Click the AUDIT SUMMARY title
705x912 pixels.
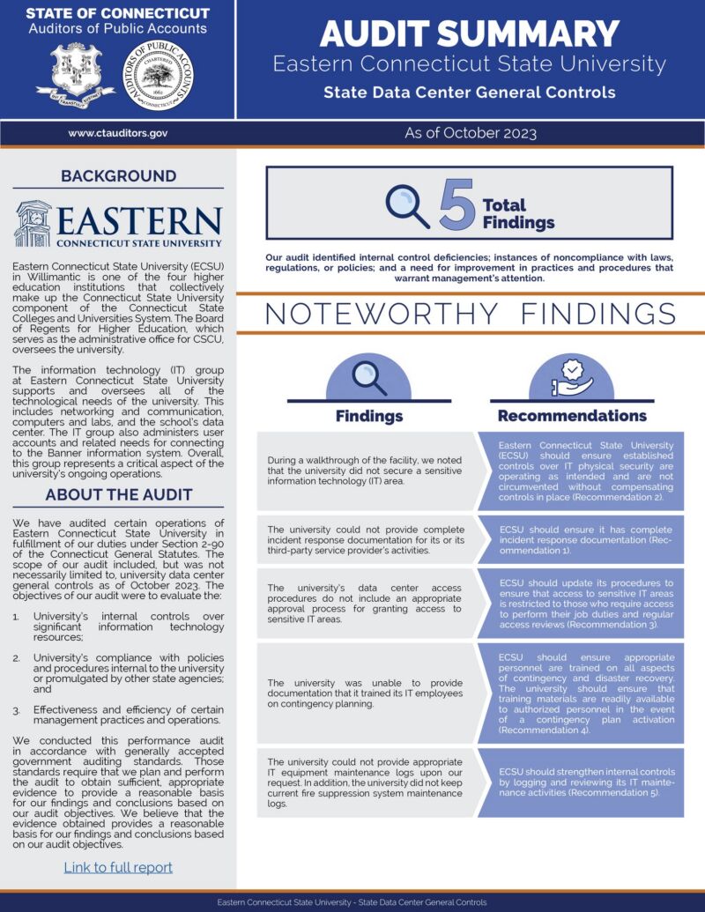pos(469,33)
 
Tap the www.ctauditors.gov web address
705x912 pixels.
pos(117,133)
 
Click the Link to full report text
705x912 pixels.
pos(118,867)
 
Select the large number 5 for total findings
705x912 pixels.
pos(456,205)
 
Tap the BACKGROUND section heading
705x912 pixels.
pos(118,176)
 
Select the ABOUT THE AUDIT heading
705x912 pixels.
pos(118,494)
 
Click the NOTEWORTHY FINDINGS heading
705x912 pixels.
pos(470,314)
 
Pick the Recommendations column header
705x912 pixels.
pos(572,416)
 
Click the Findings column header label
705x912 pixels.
pos(369,416)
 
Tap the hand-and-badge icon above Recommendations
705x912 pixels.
pos(572,377)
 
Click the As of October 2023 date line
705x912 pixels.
pos(470,133)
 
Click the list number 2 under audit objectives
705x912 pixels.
pos(17,657)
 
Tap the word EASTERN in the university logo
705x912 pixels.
pos(139,221)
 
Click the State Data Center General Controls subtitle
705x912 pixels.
pos(469,92)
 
